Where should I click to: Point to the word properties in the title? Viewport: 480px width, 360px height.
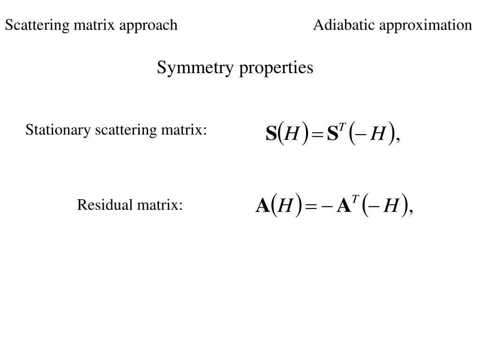pyautogui.click(x=276, y=68)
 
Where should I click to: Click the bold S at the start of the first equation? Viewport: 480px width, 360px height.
pyautogui.click(x=271, y=134)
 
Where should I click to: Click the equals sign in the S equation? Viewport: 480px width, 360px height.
pyautogui.click(x=317, y=135)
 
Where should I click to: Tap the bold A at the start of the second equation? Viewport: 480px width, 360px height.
pyautogui.click(x=262, y=206)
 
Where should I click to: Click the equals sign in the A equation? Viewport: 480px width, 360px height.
pyautogui.click(x=311, y=207)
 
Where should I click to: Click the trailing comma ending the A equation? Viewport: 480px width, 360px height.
pyautogui.click(x=411, y=212)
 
